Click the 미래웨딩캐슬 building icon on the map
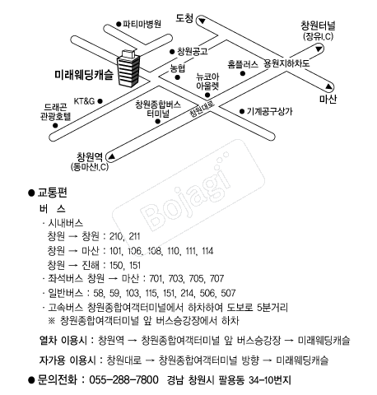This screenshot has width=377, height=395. (128, 68)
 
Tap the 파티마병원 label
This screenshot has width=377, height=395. (142, 24)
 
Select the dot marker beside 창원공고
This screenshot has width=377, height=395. (172, 52)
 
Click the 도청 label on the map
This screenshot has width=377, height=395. (184, 18)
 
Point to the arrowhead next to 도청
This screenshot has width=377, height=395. (202, 21)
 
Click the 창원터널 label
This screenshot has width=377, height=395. (318, 26)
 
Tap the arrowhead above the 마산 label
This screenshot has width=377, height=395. (328, 87)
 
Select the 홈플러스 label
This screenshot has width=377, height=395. (243, 64)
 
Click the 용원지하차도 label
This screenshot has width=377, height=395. (286, 63)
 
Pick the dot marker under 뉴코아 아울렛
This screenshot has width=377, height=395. (207, 95)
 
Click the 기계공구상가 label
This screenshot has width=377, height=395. (270, 111)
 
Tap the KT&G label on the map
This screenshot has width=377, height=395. (84, 101)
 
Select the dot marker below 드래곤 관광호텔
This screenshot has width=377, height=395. (55, 126)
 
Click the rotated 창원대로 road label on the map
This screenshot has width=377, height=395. (202, 109)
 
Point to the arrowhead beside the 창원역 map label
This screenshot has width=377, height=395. (111, 156)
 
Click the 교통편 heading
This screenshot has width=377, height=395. (52, 193)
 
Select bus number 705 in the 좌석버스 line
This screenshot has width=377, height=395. (196, 279)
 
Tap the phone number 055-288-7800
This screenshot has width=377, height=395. (123, 380)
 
